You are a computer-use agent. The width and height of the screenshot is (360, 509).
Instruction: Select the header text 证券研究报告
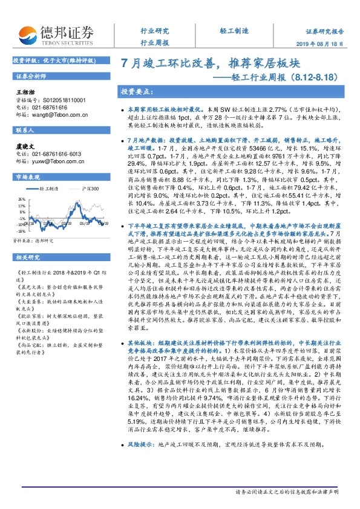click(325, 31)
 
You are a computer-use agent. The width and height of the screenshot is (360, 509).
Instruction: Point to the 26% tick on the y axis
click(21, 198)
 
